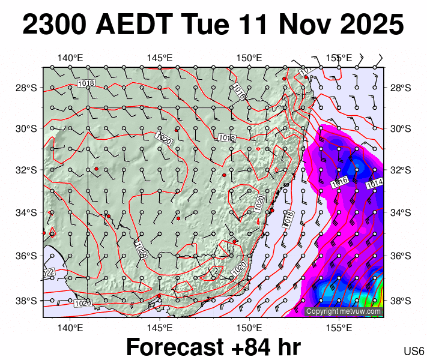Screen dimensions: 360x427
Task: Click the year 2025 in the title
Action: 374,25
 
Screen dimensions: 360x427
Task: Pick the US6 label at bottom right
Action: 414,351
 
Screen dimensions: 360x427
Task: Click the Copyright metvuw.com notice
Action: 344,311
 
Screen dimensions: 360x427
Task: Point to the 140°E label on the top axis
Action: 70,58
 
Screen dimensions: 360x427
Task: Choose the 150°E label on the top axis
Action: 249,58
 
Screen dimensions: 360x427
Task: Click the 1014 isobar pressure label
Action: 374,182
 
